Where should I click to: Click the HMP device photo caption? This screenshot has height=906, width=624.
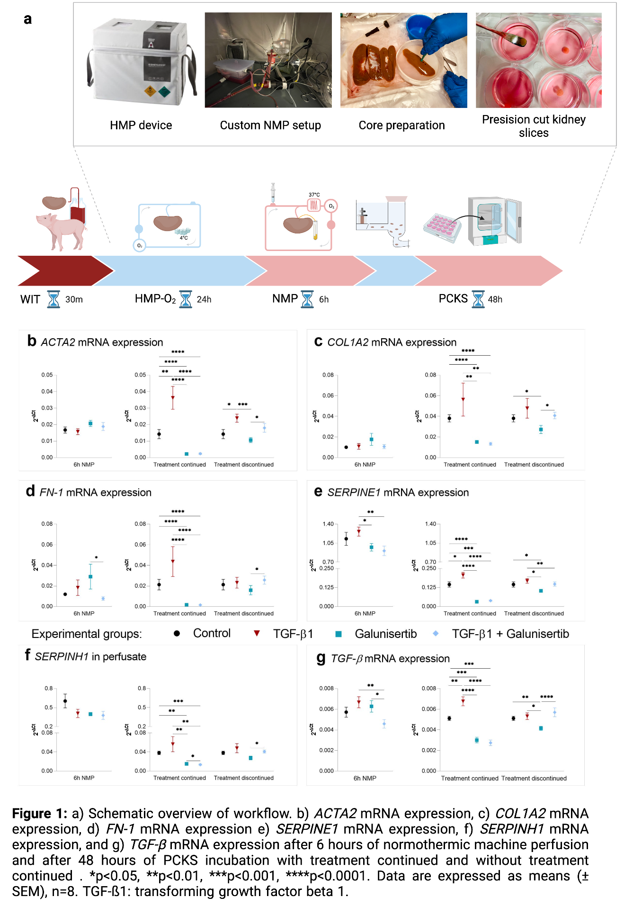click(141, 125)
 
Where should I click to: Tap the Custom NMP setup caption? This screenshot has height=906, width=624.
click(270, 125)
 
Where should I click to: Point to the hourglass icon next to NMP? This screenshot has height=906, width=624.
click(308, 299)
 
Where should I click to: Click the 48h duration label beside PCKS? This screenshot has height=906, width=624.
click(495, 299)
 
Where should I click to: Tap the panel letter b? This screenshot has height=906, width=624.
click(32, 341)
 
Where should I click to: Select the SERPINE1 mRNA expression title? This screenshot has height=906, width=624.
click(398, 493)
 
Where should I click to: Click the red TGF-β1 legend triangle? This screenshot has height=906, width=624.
click(257, 633)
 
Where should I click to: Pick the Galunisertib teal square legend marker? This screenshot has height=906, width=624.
click(339, 634)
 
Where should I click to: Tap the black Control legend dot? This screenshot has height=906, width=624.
click(177, 633)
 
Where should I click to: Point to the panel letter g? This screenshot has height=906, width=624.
click(321, 657)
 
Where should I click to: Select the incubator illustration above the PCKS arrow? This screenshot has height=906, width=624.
click(494, 220)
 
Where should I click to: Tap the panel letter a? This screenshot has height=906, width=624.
click(27, 19)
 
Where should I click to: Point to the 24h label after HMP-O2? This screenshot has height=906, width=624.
click(204, 299)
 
